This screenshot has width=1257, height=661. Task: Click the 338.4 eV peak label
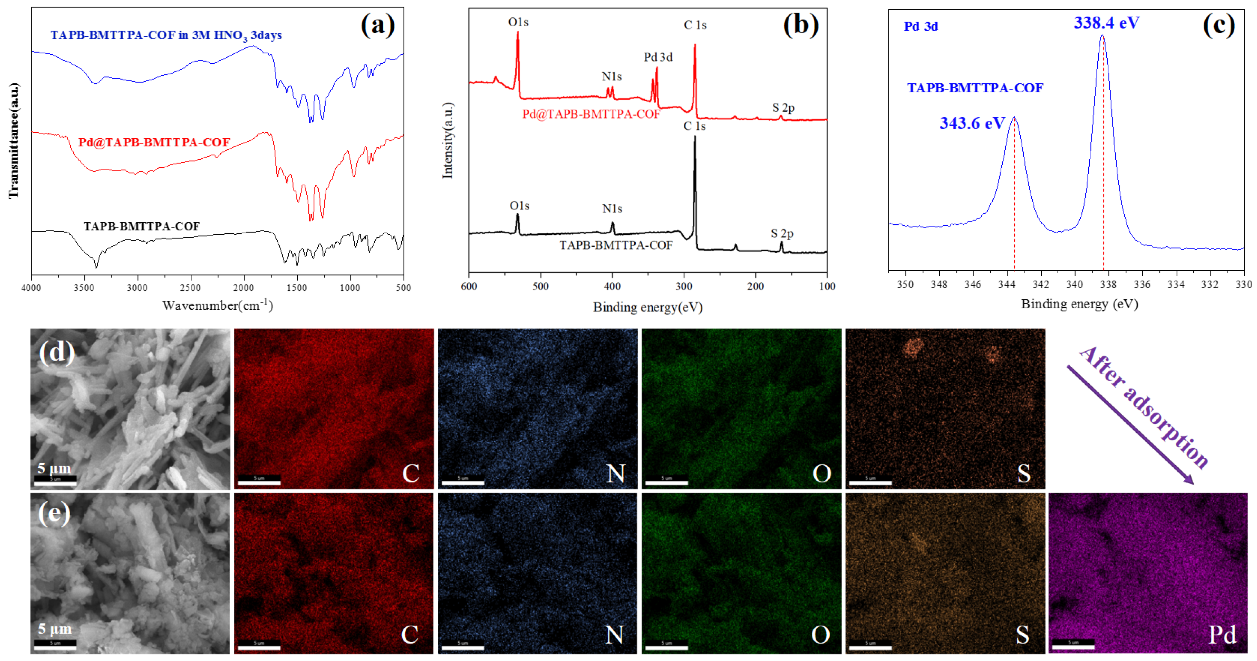pos(1106,23)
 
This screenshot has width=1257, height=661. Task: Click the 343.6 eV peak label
pos(972,123)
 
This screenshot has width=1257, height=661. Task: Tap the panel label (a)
pos(377,25)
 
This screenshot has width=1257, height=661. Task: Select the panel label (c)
pos(1218,25)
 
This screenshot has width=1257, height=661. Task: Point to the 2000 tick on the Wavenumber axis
pos(243,288)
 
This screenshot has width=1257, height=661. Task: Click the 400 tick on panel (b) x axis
pos(612,286)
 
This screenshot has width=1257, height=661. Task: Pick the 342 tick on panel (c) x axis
pos(1040,285)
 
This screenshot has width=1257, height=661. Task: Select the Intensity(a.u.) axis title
pos(447,141)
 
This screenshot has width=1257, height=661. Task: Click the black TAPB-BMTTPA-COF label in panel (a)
pos(141,226)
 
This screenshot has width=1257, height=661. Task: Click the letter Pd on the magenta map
pos(1222,635)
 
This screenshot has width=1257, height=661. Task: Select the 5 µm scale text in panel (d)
pos(54,468)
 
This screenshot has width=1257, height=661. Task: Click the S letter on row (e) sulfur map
pos(1022,635)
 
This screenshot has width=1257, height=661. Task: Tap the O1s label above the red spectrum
pos(518,22)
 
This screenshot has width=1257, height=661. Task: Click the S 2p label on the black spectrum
pos(782,234)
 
